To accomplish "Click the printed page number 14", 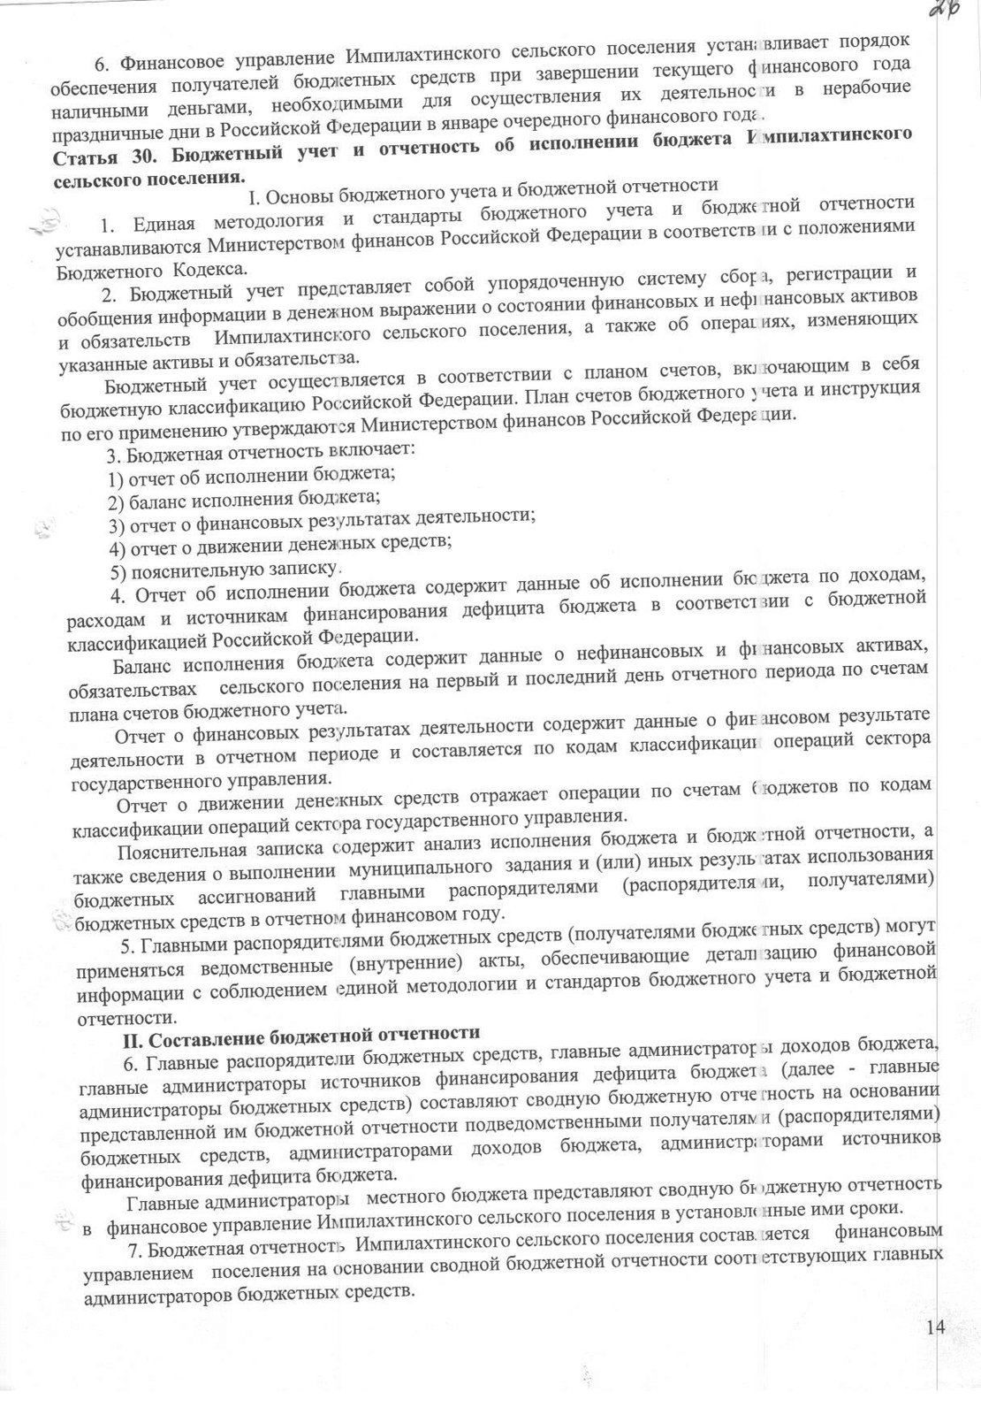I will tap(939, 1326).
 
